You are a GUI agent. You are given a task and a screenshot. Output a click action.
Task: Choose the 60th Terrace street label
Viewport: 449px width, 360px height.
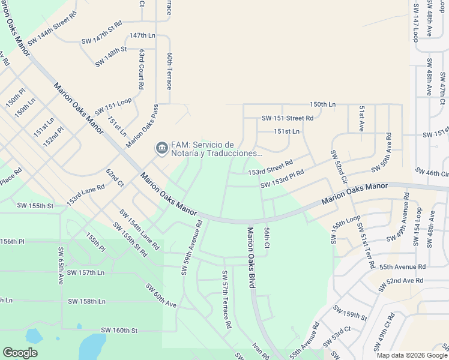tap(170, 71)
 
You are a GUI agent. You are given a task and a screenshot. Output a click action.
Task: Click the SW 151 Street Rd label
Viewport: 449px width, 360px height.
tap(288, 118)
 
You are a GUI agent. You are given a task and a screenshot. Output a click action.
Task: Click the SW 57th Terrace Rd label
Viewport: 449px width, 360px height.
tap(226, 299)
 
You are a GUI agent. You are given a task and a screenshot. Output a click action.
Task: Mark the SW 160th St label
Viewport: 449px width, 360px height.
tap(119, 330)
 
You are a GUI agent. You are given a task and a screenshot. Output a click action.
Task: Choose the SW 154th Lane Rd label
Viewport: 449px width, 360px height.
tap(139, 230)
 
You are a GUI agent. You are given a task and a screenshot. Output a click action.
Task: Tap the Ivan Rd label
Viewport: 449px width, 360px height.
tap(261, 350)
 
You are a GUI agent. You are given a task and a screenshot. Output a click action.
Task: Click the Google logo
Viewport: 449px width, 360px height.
tap(20, 353)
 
